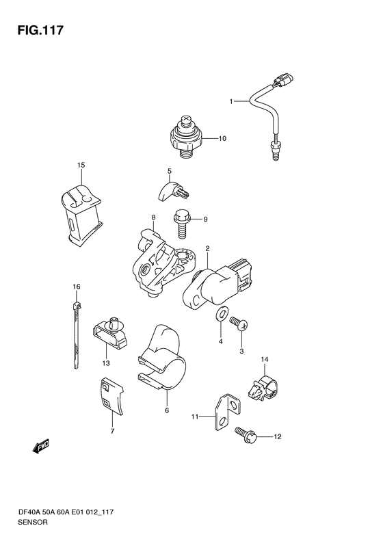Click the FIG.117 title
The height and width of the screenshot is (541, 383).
40,30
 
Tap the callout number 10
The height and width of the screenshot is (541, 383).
222,138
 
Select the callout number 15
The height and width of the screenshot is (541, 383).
81,166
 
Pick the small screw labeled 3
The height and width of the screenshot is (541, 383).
239,324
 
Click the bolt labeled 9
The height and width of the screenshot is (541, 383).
181,224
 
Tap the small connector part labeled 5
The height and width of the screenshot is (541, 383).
174,191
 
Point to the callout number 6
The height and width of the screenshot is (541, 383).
167,410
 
